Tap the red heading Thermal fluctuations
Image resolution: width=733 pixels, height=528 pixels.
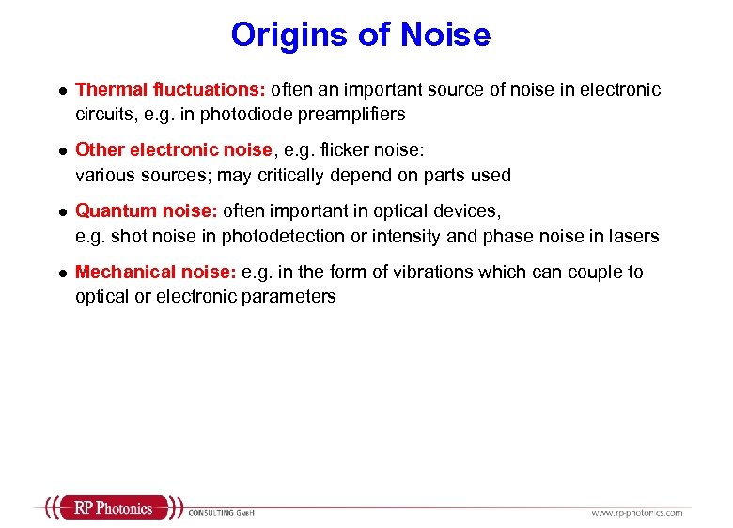tap(171, 90)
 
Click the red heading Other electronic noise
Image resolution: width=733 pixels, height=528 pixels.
tap(173, 150)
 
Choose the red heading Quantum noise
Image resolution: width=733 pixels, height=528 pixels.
tap(146, 211)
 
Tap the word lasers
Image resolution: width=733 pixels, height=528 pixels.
tap(636, 236)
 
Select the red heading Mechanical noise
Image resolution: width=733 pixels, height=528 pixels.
tap(155, 272)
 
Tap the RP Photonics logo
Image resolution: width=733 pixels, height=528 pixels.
tap(113, 508)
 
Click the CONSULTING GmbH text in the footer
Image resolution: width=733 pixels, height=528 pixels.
tap(222, 513)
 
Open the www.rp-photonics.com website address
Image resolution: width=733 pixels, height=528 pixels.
tap(636, 513)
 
